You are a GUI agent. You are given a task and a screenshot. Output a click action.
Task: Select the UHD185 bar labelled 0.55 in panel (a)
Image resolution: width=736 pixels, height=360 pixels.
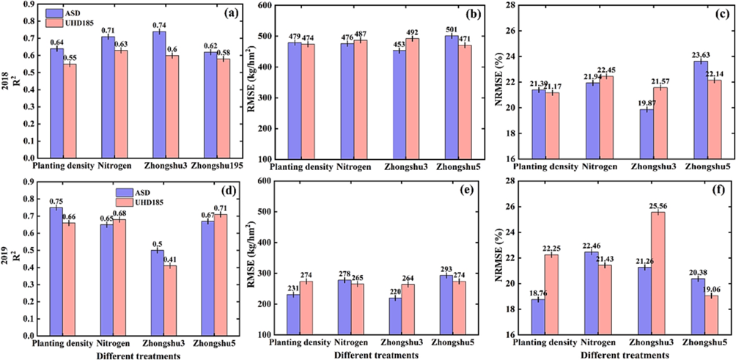pos(70,111)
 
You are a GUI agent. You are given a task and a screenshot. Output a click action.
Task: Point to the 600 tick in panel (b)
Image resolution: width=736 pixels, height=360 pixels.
pos(264,6)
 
